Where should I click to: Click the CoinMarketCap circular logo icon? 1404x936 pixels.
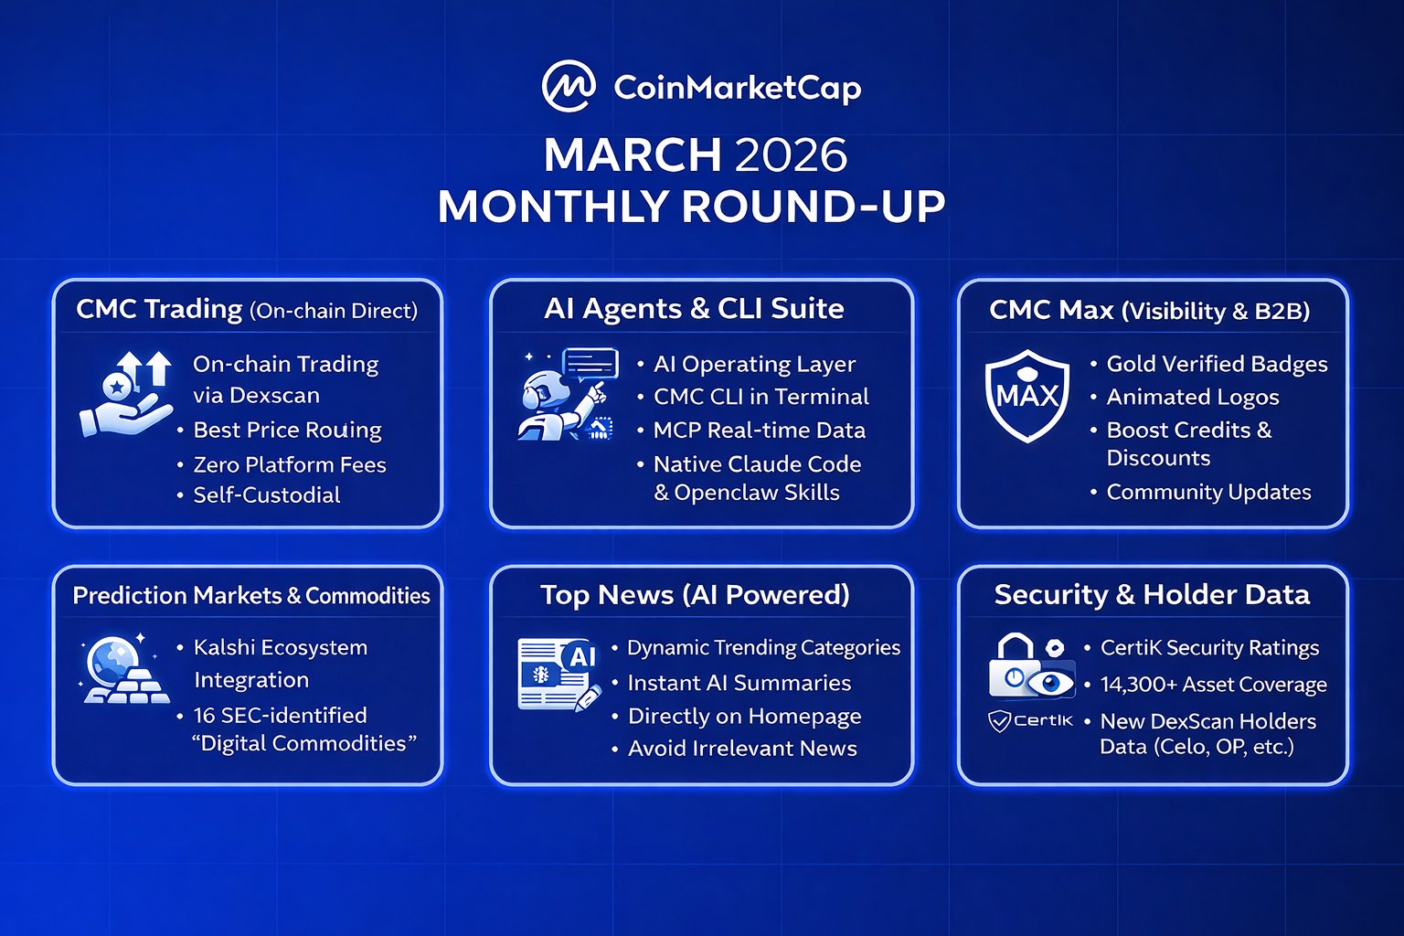tap(569, 86)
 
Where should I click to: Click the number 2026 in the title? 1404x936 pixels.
tap(791, 154)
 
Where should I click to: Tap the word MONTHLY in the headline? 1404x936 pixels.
tap(553, 207)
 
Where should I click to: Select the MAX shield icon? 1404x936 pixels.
tap(1026, 396)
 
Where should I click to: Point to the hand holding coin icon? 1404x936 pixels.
tap(126, 394)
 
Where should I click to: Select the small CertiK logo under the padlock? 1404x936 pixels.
tap(1030, 721)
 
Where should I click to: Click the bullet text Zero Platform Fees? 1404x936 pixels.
tap(290, 464)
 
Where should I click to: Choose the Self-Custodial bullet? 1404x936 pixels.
tap(266, 495)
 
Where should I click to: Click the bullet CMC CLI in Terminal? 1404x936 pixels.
tap(760, 396)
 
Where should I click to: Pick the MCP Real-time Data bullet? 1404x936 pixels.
tap(759, 431)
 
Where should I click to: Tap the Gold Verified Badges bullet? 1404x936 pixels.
tap(1217, 364)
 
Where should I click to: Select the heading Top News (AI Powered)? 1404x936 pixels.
tap(695, 594)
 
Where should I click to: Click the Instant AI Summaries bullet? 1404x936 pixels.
tap(739, 683)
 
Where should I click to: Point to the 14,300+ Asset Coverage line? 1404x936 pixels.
tap(1214, 684)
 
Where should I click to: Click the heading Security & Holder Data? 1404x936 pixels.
tap(1152, 594)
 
